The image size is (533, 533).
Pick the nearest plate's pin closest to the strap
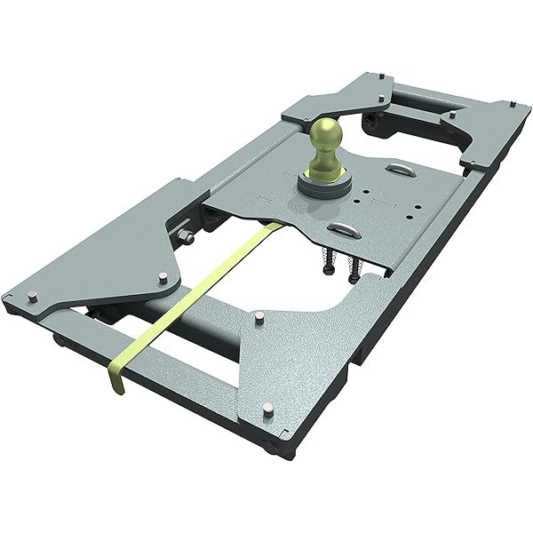coord(256,316)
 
